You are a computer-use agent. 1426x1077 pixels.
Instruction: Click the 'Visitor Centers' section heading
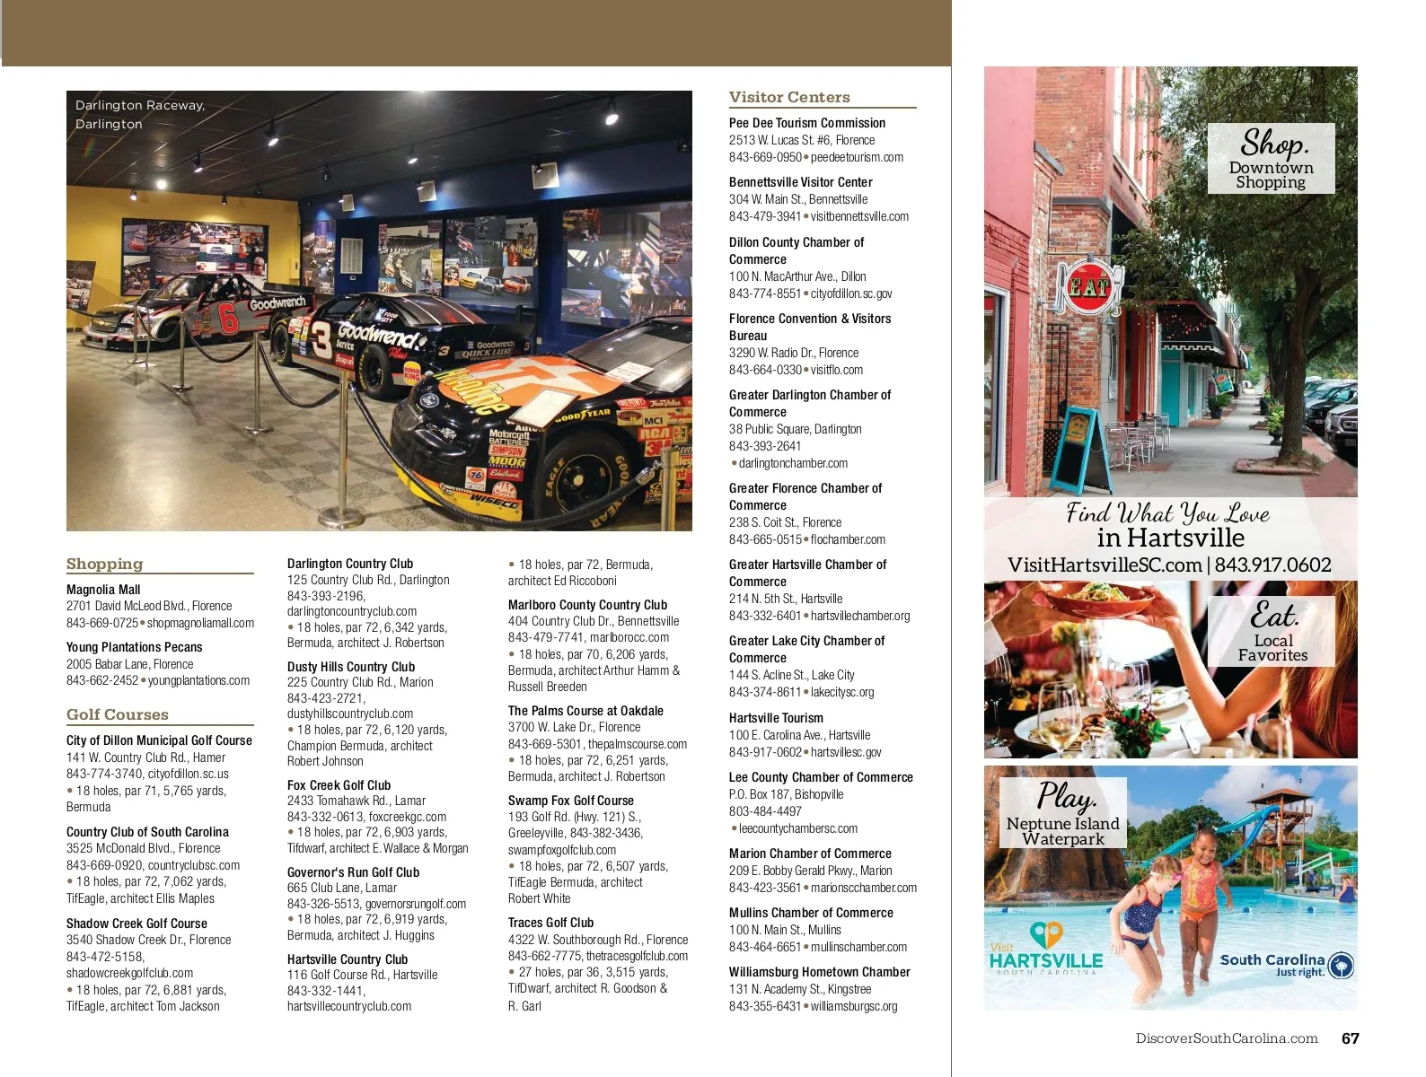click(789, 97)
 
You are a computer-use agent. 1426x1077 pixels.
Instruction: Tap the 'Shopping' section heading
click(104, 564)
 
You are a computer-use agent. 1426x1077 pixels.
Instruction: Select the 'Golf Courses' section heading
click(117, 714)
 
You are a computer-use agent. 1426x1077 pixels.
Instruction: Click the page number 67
click(1350, 1038)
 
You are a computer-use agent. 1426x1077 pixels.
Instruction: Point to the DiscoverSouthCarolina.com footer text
click(1226, 1038)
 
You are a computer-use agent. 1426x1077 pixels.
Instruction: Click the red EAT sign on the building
click(1089, 286)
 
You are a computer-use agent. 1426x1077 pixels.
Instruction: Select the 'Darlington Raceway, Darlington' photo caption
click(140, 115)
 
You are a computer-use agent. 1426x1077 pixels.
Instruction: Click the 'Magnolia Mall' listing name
click(103, 590)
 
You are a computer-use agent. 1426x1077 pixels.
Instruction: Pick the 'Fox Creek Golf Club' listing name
click(339, 785)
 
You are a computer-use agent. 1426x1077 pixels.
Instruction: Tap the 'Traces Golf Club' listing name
click(550, 923)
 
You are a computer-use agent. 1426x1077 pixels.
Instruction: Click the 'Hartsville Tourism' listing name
click(776, 718)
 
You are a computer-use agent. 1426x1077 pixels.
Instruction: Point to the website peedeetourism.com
click(857, 157)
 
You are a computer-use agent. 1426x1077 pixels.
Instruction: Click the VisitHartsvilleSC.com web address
click(1105, 565)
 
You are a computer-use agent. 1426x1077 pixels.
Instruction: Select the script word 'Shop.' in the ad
click(1273, 143)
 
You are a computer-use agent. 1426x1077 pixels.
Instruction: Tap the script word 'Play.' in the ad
click(1066, 796)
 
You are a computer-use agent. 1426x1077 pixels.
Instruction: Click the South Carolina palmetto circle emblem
click(1340, 966)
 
